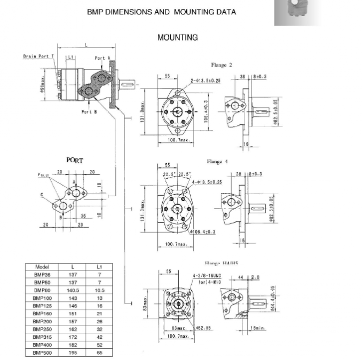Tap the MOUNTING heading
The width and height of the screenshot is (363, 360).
[x=177, y=37]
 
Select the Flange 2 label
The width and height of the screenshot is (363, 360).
[x=222, y=65]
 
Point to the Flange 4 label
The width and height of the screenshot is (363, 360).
[x=218, y=162]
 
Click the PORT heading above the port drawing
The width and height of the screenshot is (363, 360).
[x=75, y=160]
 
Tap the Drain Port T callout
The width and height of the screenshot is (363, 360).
[x=38, y=56]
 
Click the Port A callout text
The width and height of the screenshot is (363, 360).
[x=102, y=58]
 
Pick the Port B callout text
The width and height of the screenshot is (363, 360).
[x=89, y=111]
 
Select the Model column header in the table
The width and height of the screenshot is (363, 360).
[x=42, y=267]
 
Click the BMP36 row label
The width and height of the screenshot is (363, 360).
[x=42, y=274]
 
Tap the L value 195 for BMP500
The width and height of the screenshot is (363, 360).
[x=73, y=353]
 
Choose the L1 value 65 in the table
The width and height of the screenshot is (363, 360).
[x=99, y=353]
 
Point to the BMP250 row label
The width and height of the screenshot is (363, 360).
[x=42, y=329]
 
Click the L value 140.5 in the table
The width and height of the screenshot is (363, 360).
[x=73, y=290]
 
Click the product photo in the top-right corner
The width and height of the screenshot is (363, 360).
[x=298, y=13]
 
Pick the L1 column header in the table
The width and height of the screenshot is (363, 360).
[x=99, y=267]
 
